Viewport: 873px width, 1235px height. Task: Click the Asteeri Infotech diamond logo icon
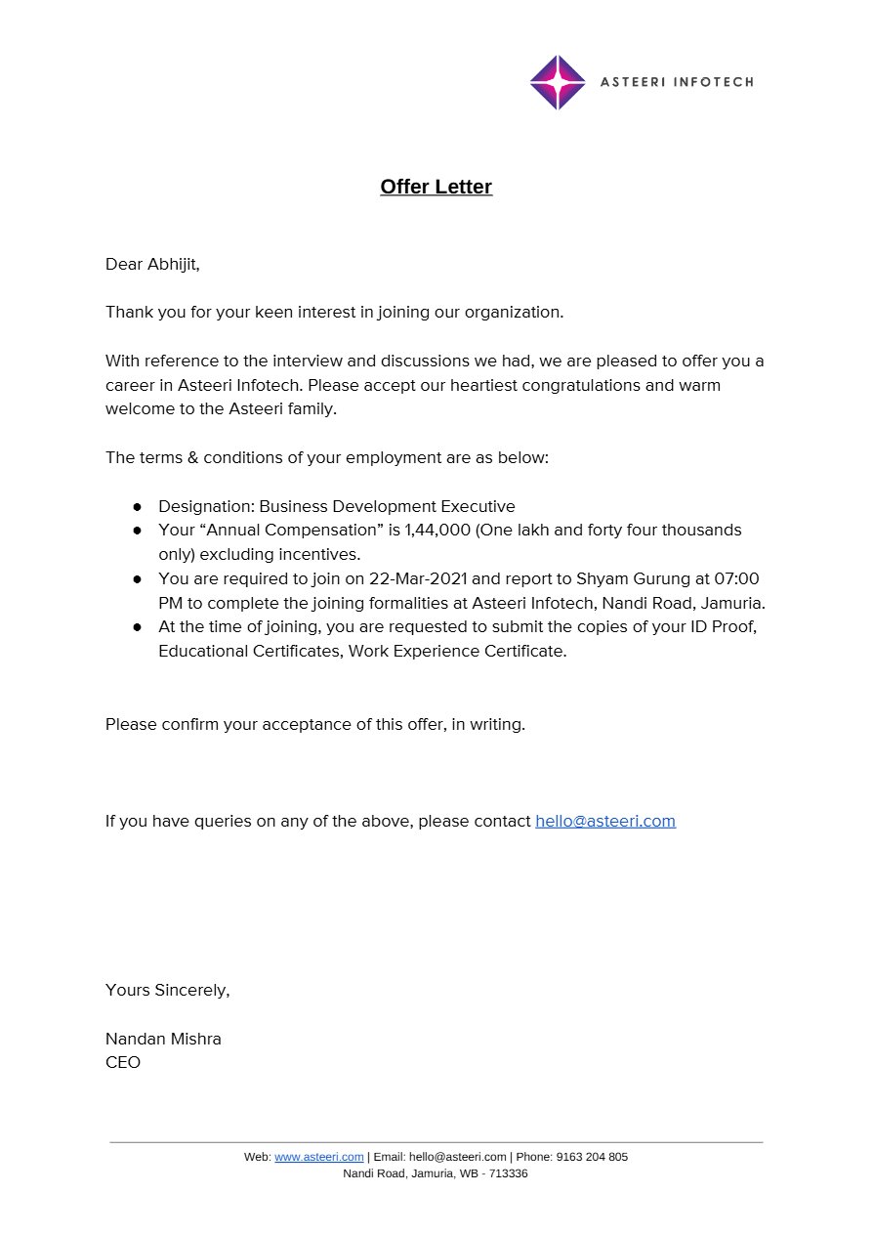click(558, 83)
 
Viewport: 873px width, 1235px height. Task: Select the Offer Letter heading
click(436, 187)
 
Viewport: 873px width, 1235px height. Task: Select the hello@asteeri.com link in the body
click(605, 821)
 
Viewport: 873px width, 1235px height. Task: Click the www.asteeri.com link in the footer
click(319, 1157)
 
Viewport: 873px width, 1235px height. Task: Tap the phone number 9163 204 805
click(592, 1157)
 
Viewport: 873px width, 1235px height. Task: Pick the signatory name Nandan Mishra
click(163, 1039)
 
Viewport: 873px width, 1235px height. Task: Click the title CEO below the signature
click(123, 1062)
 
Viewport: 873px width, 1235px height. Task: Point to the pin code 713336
click(509, 1173)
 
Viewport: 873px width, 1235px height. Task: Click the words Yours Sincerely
click(167, 990)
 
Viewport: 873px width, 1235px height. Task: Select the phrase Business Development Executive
click(387, 506)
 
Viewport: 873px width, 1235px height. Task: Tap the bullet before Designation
click(138, 506)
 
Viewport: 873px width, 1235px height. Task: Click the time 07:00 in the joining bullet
click(736, 578)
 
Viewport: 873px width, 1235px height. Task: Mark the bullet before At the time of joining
click(138, 627)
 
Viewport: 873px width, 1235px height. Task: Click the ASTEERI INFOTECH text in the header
click(677, 82)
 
